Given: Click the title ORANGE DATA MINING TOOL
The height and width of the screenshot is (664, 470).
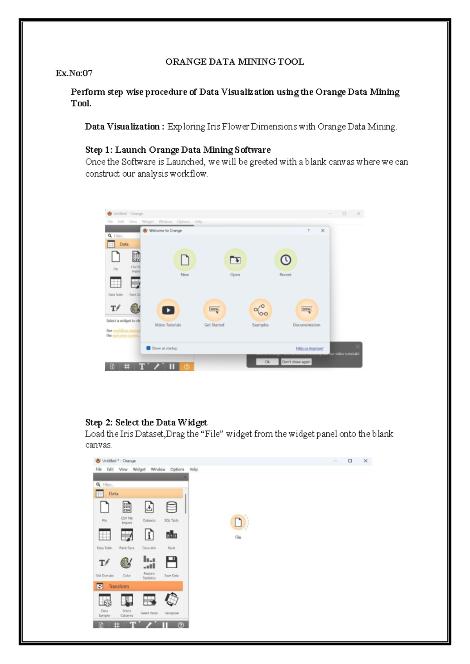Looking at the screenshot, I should click(x=235, y=62).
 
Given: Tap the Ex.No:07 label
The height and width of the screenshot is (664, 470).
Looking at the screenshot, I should click(x=74, y=73).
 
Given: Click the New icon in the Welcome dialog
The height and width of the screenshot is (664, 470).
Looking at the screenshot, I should click(x=184, y=260).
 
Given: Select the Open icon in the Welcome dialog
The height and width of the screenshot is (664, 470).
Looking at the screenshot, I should click(x=235, y=260).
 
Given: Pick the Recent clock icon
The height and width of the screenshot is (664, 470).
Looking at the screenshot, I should click(x=286, y=260).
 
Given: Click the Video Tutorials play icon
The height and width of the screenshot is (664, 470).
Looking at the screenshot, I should click(x=168, y=310).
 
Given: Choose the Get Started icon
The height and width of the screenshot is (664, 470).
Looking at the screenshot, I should click(x=214, y=310).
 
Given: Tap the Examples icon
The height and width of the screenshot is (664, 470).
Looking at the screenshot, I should click(x=260, y=310).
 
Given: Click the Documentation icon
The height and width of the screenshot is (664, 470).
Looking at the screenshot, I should click(x=307, y=310).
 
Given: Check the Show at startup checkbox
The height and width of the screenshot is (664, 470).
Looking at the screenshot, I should click(x=148, y=348).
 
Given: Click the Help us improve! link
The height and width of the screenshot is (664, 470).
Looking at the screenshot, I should click(x=309, y=348).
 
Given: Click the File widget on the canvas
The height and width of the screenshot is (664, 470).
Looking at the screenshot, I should click(x=238, y=522).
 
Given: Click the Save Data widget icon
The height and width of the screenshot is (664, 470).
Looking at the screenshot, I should click(x=172, y=563).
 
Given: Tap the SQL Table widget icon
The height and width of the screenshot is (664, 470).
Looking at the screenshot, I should click(x=172, y=507).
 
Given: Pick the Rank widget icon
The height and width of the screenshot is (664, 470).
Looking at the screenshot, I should click(x=172, y=535).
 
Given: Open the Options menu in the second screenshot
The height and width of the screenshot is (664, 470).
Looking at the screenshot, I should click(x=177, y=469).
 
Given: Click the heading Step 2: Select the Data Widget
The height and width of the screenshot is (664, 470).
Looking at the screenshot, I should click(x=146, y=422).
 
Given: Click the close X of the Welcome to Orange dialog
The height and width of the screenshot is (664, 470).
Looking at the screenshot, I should click(x=323, y=231).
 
